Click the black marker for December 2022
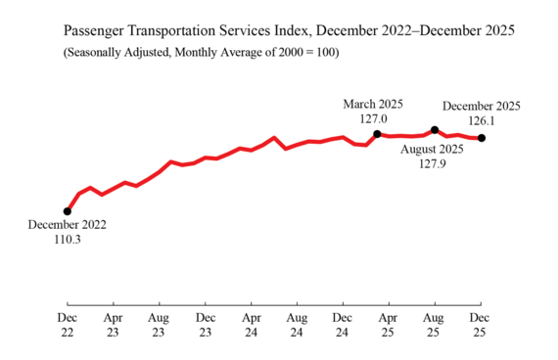[67, 210]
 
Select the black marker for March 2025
[377, 133]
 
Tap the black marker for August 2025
[435, 129]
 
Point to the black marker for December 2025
[481, 138]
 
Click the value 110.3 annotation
[67, 239]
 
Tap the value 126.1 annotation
[481, 120]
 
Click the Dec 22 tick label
[67, 327]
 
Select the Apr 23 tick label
[113, 327]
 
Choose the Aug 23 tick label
[159, 327]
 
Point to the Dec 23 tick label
[205, 327]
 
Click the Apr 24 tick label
[251, 327]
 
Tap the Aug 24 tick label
[297, 327]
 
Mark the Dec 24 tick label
[343, 327]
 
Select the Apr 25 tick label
[389, 327]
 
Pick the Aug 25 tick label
[435, 327]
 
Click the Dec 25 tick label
[481, 327]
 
